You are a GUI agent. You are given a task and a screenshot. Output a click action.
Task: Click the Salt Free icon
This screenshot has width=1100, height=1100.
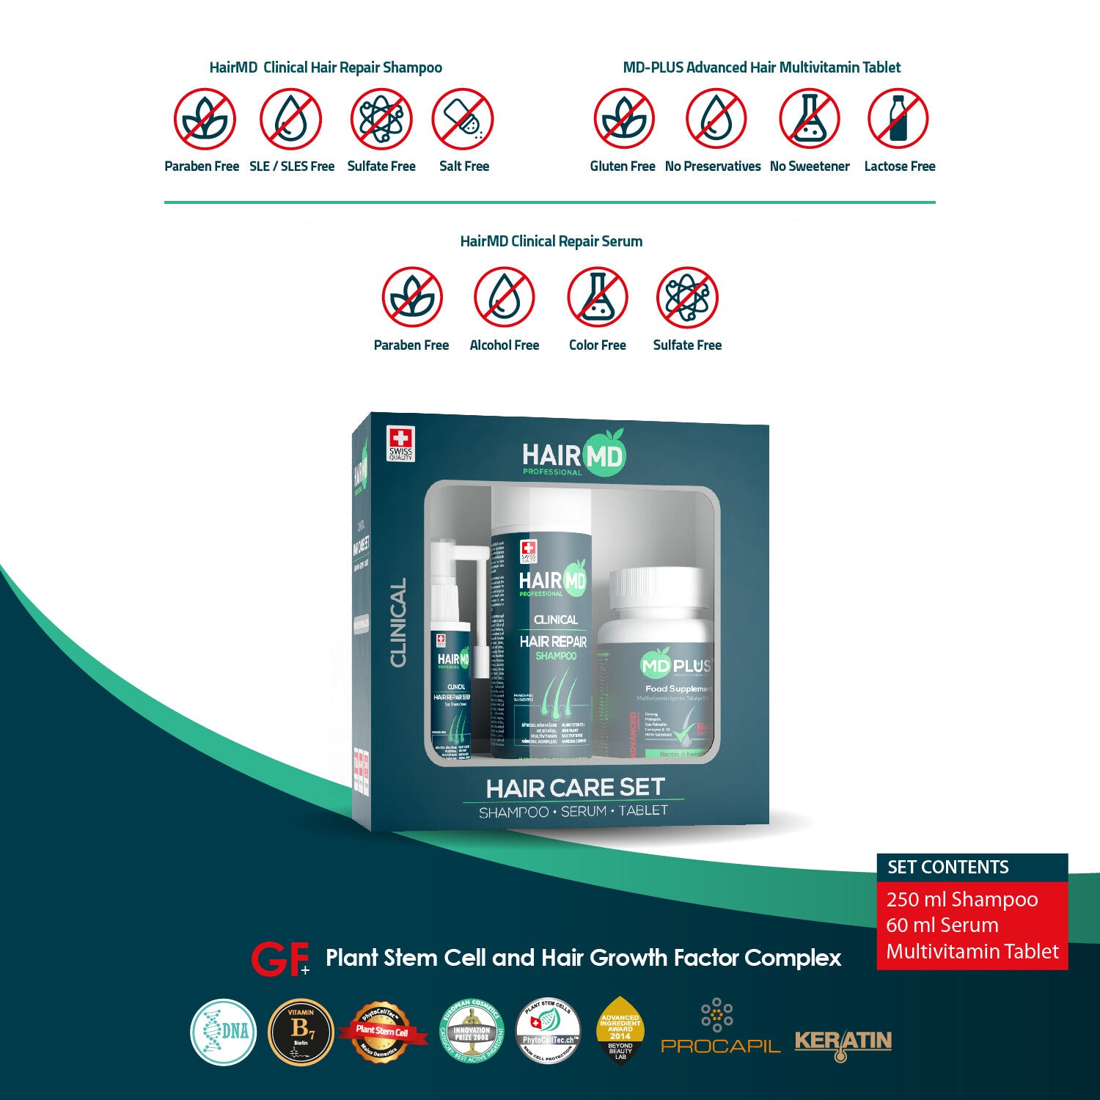tap(463, 120)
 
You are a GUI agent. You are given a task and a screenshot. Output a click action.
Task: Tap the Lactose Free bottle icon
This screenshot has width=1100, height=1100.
tap(898, 119)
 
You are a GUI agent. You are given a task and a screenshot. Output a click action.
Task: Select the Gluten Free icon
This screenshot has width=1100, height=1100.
tap(624, 119)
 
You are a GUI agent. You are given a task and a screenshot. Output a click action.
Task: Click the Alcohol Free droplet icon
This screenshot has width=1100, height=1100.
tap(504, 297)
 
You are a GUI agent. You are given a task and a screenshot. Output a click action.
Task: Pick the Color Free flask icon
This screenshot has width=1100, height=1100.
tap(598, 297)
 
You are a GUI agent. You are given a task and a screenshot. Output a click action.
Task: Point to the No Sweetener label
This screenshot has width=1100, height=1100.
tap(810, 166)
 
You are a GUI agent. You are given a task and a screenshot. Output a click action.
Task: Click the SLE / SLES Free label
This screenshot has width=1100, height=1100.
tap(292, 166)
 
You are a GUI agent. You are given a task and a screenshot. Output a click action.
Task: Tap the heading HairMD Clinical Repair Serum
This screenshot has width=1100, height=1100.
tap(551, 241)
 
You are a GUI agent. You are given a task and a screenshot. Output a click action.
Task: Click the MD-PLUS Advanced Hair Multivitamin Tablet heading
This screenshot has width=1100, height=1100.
tap(761, 67)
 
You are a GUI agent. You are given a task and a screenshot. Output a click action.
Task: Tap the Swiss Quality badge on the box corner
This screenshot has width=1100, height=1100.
tap(400, 444)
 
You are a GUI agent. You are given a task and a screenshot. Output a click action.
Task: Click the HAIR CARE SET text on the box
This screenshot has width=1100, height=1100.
tap(575, 788)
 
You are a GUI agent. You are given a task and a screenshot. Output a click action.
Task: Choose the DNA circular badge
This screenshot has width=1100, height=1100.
tap(224, 1032)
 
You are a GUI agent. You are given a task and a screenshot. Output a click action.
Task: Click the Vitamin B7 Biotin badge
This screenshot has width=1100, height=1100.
tap(301, 1032)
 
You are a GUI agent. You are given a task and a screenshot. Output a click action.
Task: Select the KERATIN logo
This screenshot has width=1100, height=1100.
tap(843, 1042)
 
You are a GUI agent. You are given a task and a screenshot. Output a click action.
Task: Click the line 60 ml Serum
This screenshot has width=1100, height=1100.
tap(942, 925)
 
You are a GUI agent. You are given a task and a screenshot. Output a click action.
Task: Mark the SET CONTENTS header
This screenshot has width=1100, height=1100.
tap(947, 868)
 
